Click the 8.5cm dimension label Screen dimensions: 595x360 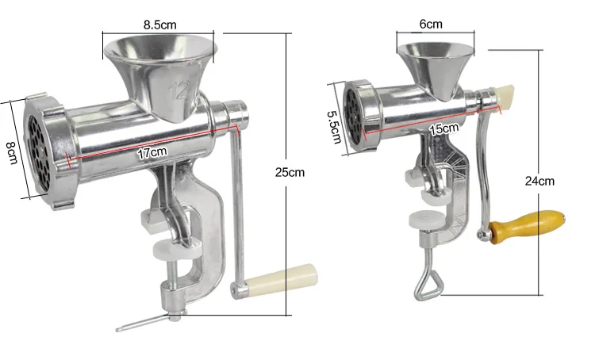coord(159,25)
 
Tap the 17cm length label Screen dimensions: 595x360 coord(152,153)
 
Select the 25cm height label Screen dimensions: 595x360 coord(290,172)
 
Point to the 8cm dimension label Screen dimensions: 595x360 coord(12,152)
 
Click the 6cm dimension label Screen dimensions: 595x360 coord(431,24)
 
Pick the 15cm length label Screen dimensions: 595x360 coord(443,128)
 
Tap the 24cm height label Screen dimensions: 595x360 coord(539,181)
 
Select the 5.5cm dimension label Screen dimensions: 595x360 coord(334,127)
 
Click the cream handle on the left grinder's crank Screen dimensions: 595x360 coord(281,280)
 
